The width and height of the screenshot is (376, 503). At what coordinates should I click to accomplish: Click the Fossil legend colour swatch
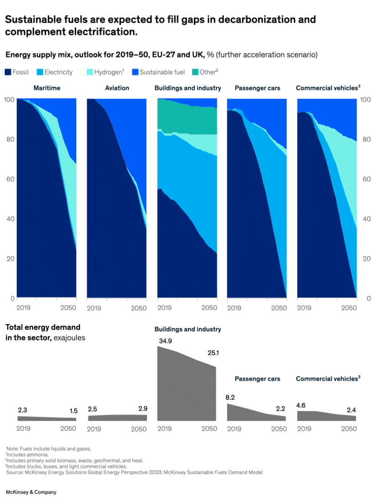pyautogui.click(x=8, y=72)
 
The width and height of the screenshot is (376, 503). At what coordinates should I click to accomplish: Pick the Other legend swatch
pyautogui.click(x=195, y=72)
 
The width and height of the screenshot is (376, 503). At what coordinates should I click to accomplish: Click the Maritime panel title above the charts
pyautogui.click(x=47, y=88)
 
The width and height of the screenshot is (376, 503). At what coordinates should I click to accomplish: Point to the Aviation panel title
pyautogui.click(x=117, y=88)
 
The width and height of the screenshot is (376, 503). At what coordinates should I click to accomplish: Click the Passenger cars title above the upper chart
pyautogui.click(x=257, y=88)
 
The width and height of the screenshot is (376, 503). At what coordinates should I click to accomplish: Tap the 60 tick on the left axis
pyautogui.click(x=9, y=179)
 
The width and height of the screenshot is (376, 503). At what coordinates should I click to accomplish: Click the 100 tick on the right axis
pyautogui.click(x=366, y=100)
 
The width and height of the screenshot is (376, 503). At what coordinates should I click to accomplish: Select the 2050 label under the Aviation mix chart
pyautogui.click(x=139, y=308)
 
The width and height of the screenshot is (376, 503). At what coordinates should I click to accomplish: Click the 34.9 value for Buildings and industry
pyautogui.click(x=165, y=341)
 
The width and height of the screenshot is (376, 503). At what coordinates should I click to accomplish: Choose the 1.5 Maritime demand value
pyautogui.click(x=73, y=411)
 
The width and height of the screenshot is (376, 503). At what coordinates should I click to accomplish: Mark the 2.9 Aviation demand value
pyautogui.click(x=143, y=409)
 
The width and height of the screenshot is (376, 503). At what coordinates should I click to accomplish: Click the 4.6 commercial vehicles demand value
pyautogui.click(x=302, y=405)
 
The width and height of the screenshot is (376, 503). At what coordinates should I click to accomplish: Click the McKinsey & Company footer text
pyautogui.click(x=31, y=493)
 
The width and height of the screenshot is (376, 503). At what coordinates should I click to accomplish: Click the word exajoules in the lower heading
pyautogui.click(x=69, y=338)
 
